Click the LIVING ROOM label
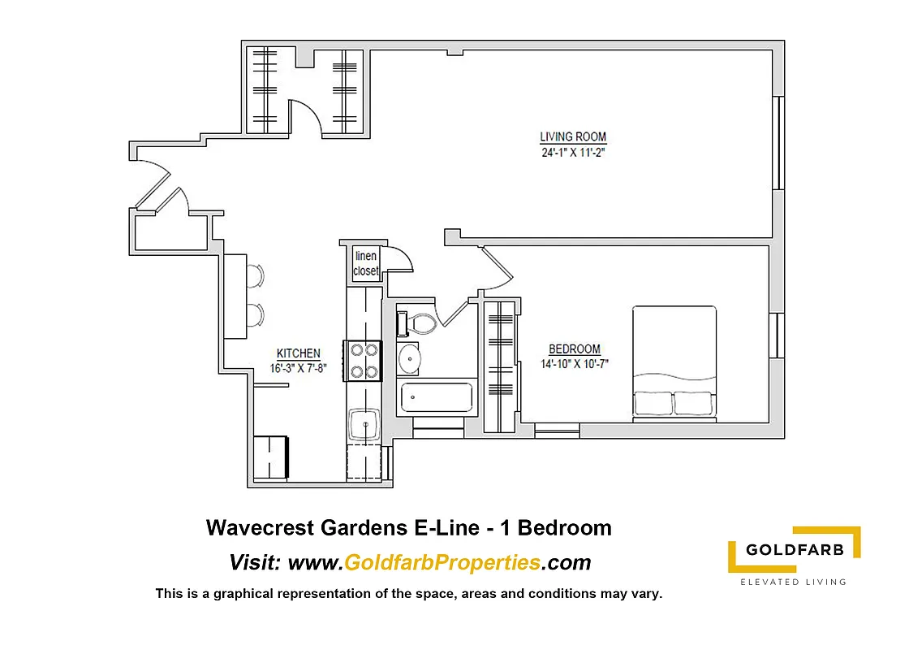coord(573,136)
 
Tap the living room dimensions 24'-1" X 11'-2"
coord(573,152)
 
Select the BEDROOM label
coord(575,349)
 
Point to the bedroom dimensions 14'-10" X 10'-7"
coord(575,364)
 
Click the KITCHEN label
coord(299,353)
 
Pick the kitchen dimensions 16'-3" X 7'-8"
coord(299,368)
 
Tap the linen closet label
coord(366,264)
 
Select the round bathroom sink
coord(410,358)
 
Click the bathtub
coord(437,398)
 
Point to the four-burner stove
coord(363,361)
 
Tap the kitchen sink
coord(364,424)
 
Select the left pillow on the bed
coord(653,403)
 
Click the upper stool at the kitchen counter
coord(255,275)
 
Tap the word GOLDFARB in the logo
coord(795,550)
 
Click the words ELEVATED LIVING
coord(794,582)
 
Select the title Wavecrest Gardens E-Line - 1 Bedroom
coord(409,528)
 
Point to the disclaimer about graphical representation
coord(409,594)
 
